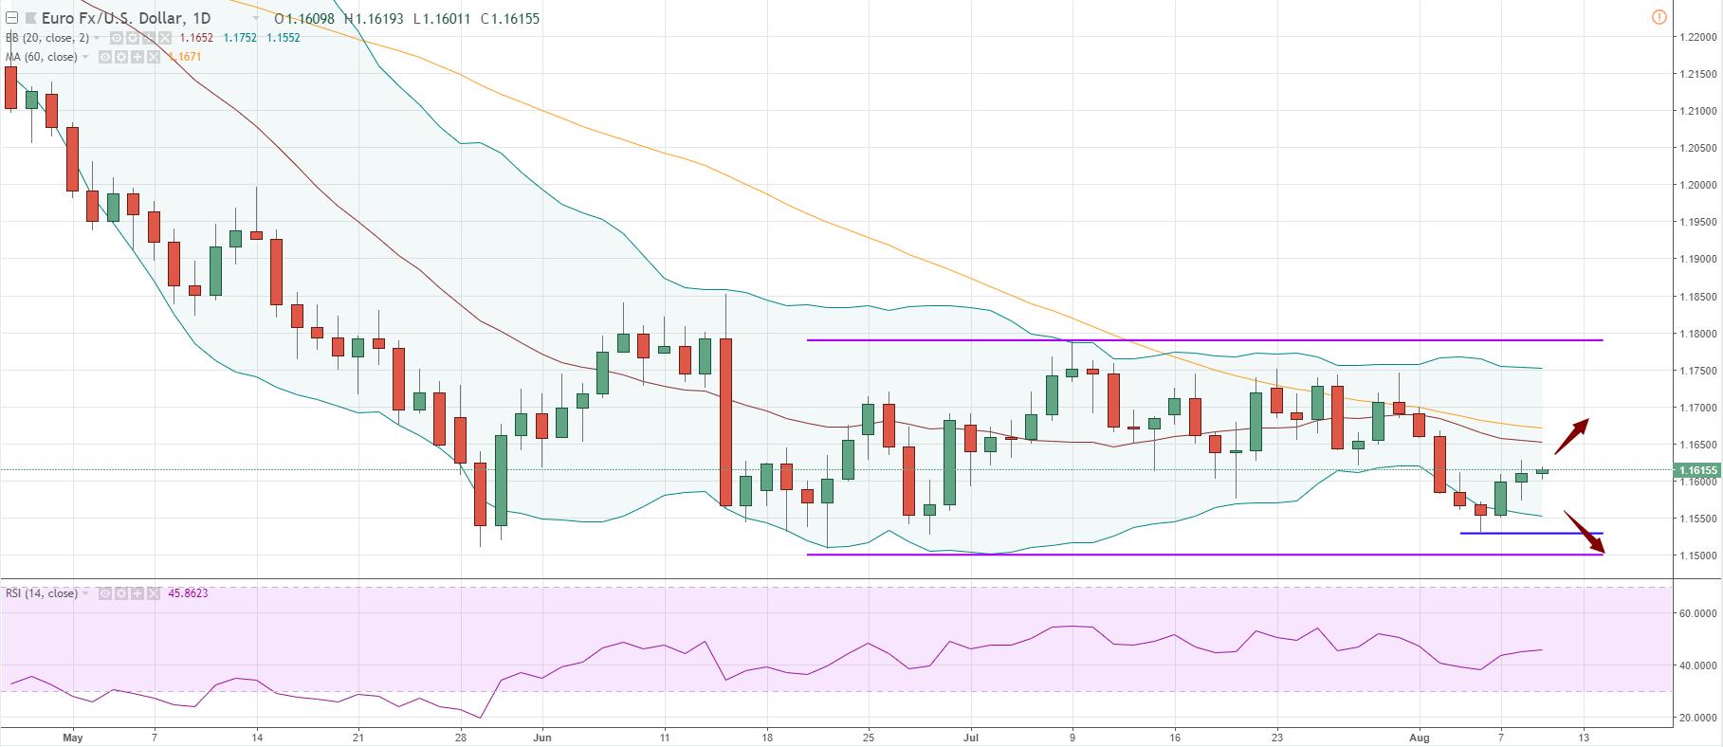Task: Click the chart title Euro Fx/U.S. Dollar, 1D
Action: click(126, 18)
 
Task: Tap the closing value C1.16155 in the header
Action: click(510, 18)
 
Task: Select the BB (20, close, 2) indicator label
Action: click(47, 38)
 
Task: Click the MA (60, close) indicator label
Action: click(42, 57)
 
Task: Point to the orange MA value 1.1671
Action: click(184, 57)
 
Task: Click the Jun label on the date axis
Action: click(543, 736)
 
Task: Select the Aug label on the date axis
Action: click(1421, 736)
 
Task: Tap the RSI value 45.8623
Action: click(188, 593)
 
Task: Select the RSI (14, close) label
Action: click(42, 593)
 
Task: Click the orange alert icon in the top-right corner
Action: click(1659, 17)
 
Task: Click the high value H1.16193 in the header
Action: click(376, 18)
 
